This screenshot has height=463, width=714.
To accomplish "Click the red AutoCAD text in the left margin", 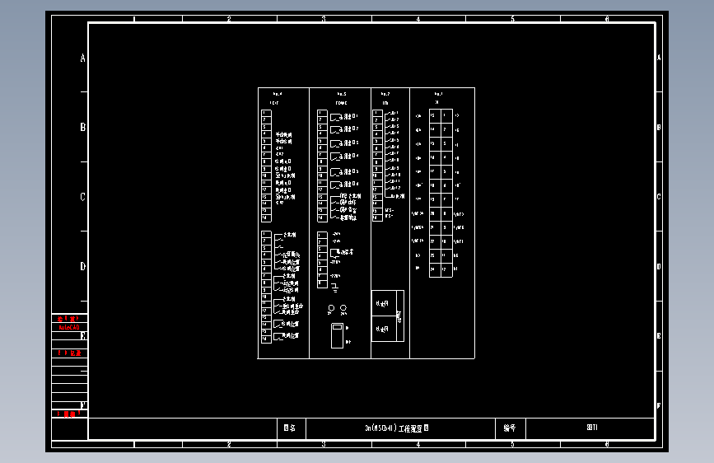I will coord(69,327).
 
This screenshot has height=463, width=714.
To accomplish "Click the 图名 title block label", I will coord(289,428).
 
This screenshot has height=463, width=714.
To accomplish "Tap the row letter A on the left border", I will coord(82,58).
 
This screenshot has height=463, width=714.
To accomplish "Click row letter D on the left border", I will coord(82,266).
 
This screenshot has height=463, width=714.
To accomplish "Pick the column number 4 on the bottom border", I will coord(418,444).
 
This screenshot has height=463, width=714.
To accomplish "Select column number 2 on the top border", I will coord(228,18).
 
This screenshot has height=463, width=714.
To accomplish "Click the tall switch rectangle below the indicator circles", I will coord(336,337).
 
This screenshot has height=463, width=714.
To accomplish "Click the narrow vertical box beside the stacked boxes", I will coord(399,316).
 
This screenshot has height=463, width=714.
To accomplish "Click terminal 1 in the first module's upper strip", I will coord(265,113).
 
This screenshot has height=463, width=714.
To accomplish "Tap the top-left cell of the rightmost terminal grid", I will coord(433,115).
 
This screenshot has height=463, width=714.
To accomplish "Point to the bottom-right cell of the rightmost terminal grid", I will coord(446,269).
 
